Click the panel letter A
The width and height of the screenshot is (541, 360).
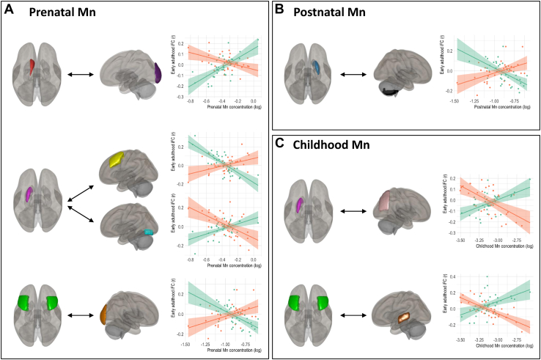pyautogui.click(x=11, y=12)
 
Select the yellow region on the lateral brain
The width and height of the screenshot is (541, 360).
pyautogui.click(x=117, y=159)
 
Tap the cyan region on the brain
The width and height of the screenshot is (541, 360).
pyautogui.click(x=147, y=232)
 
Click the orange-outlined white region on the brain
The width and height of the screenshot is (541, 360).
pyautogui.click(x=403, y=320)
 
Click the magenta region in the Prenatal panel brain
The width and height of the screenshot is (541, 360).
pyautogui.click(x=29, y=194)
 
